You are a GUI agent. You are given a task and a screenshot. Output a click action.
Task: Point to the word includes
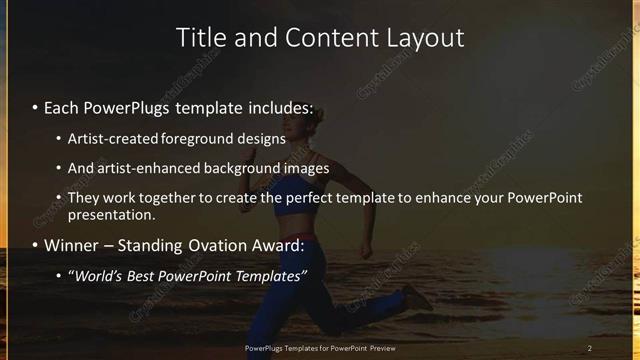pyautogui.click(x=279, y=107)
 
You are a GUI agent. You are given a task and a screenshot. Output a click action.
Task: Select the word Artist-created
pyautogui.click(x=114, y=139)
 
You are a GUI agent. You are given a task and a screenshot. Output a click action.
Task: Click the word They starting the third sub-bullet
pyautogui.click(x=84, y=198)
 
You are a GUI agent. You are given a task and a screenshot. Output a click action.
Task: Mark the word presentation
pyautogui.click(x=111, y=214)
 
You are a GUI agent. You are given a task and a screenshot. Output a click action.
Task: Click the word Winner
pyautogui.click(x=71, y=245)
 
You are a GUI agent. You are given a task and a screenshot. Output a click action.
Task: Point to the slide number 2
pyautogui.click(x=590, y=348)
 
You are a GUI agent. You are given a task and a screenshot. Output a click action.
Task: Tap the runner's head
pyautogui.click(x=306, y=129)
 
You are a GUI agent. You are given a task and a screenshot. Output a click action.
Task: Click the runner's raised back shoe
pyautogui.click(x=418, y=297)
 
